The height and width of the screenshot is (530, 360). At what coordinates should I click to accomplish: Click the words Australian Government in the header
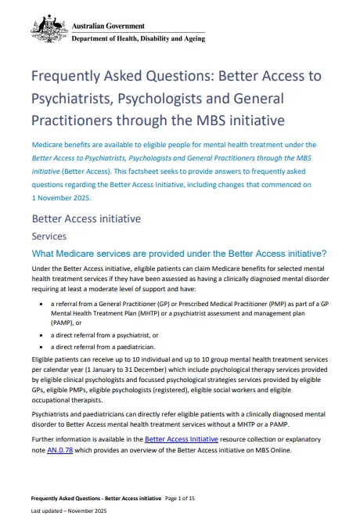point(108,27)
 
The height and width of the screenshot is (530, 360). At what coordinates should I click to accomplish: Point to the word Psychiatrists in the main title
point(68,99)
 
